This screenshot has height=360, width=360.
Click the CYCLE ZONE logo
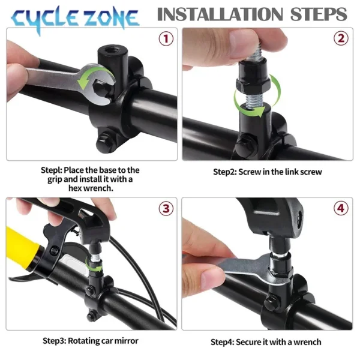point(75,19)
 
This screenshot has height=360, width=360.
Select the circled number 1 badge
point(166,40)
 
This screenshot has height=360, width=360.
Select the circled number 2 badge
point(341,40)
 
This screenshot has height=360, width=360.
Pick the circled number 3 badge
point(166,209)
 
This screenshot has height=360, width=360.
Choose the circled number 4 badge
point(341,209)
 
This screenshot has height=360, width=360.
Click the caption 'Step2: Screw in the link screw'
point(268,172)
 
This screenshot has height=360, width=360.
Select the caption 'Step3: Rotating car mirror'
point(91,341)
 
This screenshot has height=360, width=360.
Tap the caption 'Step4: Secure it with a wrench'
point(266,342)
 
